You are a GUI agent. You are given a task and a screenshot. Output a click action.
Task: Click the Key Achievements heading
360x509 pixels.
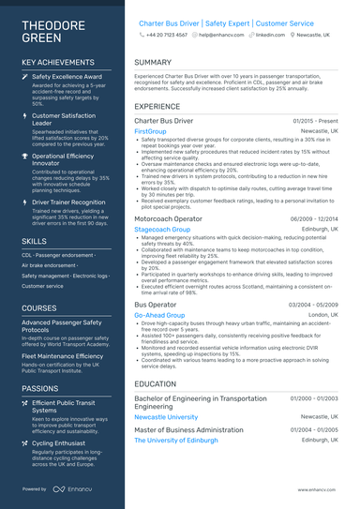pos(55,63)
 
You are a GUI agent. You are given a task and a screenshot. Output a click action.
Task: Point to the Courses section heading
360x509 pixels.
pos(39,307)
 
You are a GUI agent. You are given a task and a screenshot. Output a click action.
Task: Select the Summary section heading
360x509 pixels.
pos(153,63)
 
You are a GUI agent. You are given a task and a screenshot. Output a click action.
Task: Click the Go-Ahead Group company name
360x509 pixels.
pos(158,316)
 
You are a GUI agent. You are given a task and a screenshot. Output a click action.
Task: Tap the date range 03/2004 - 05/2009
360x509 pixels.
pos(314,305)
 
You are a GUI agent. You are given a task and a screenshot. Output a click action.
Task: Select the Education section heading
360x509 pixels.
pos(156,383)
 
